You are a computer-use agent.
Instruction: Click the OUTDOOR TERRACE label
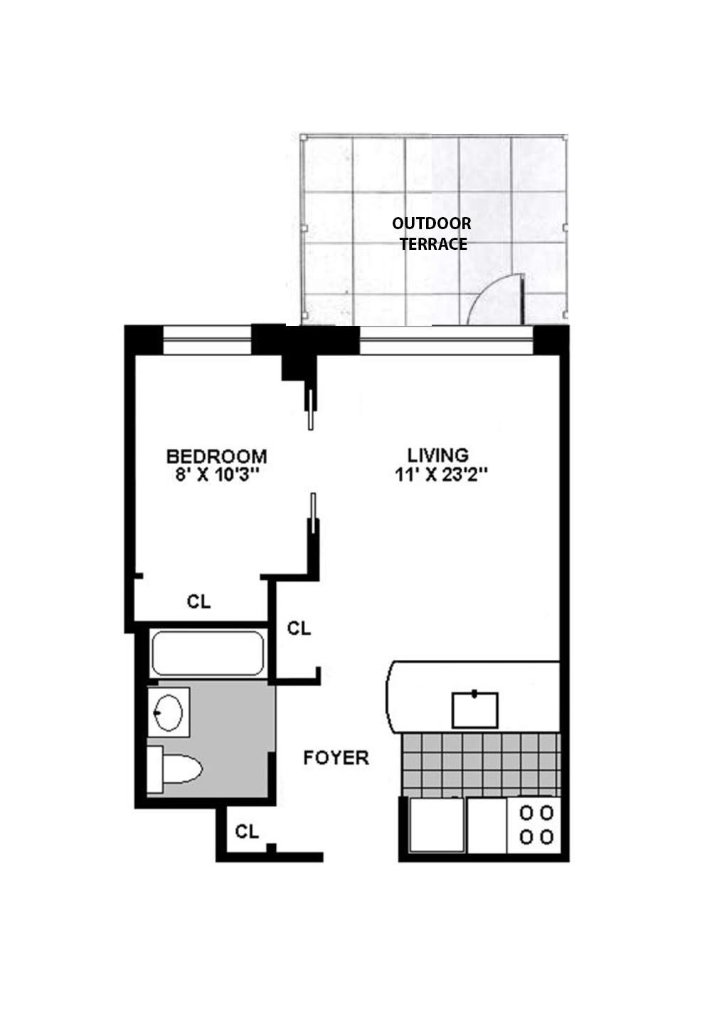(x=432, y=233)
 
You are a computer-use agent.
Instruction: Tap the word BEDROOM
(x=216, y=456)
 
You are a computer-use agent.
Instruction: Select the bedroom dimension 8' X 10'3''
(x=216, y=475)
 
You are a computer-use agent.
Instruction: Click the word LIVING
(x=438, y=455)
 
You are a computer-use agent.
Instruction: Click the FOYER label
(x=336, y=757)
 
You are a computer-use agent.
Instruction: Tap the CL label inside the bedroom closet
(x=199, y=601)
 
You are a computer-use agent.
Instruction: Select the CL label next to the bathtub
(x=299, y=629)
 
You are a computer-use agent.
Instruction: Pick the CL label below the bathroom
(x=246, y=831)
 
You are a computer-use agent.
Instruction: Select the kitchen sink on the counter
(x=475, y=709)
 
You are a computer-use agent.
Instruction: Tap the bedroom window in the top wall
(x=207, y=340)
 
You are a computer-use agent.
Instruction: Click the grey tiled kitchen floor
(x=481, y=764)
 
